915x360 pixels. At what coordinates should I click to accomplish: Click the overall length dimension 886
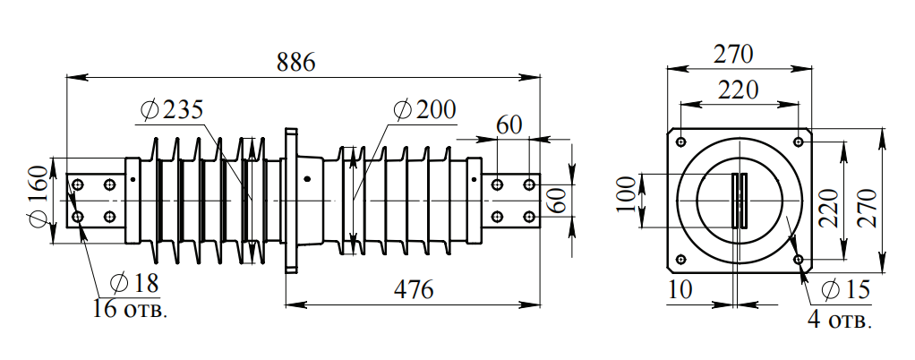295,63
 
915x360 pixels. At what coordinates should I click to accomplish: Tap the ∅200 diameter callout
424,109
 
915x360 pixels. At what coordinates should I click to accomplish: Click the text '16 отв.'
130,310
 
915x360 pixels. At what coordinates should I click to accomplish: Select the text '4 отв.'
839,320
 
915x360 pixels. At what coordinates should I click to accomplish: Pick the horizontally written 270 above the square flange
733,54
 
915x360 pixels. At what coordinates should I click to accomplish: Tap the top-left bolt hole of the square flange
680,141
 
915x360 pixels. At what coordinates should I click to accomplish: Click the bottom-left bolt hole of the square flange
680,260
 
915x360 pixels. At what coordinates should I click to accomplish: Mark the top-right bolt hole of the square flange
798,141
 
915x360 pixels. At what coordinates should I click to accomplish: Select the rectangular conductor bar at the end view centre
740,199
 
